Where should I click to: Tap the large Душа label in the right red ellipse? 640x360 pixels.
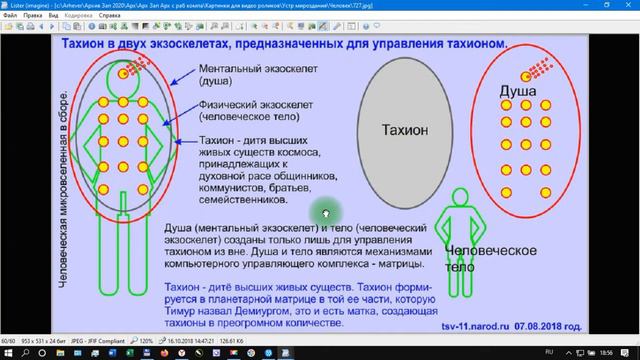point(520,95)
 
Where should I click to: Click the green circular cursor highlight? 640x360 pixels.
point(323,211)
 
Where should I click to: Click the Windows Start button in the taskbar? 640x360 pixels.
point(8,353)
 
